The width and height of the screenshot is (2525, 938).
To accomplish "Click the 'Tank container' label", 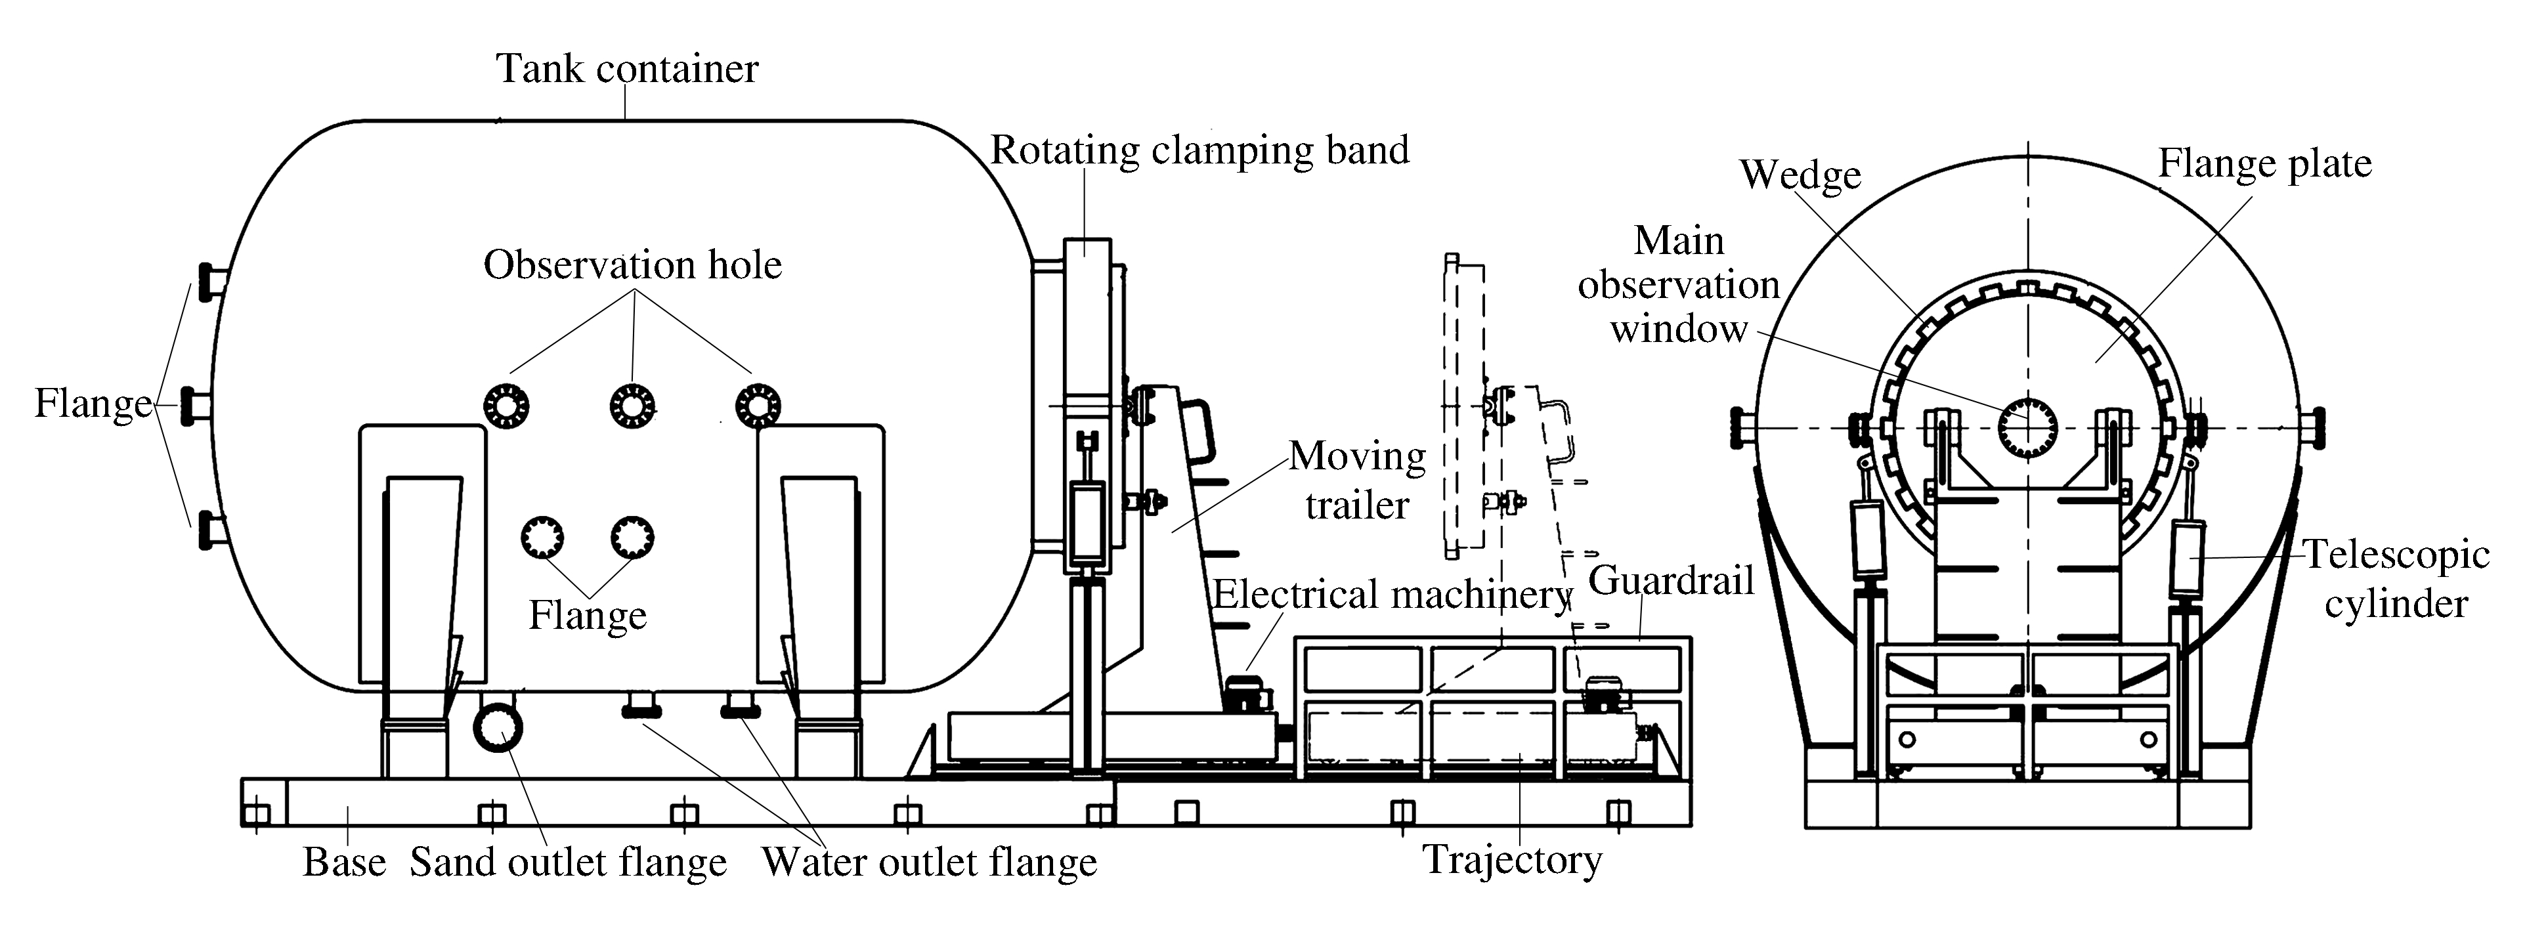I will point(628,69).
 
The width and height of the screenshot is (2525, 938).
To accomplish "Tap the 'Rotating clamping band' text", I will point(1199,150).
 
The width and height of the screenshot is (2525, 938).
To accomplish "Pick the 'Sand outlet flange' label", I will point(569,863).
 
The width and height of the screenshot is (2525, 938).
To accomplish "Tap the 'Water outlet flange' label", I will point(929,863).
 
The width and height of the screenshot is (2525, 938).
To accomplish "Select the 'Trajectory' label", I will point(1513,860).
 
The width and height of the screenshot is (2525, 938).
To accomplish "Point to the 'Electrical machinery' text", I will point(1392,595).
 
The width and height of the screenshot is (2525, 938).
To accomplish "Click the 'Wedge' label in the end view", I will point(1800,175).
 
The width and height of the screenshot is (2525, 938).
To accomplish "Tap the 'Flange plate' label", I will point(2264,163).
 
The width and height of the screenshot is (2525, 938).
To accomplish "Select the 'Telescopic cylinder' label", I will point(2396,579).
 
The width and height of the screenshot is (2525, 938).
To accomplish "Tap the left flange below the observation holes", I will point(542,537).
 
